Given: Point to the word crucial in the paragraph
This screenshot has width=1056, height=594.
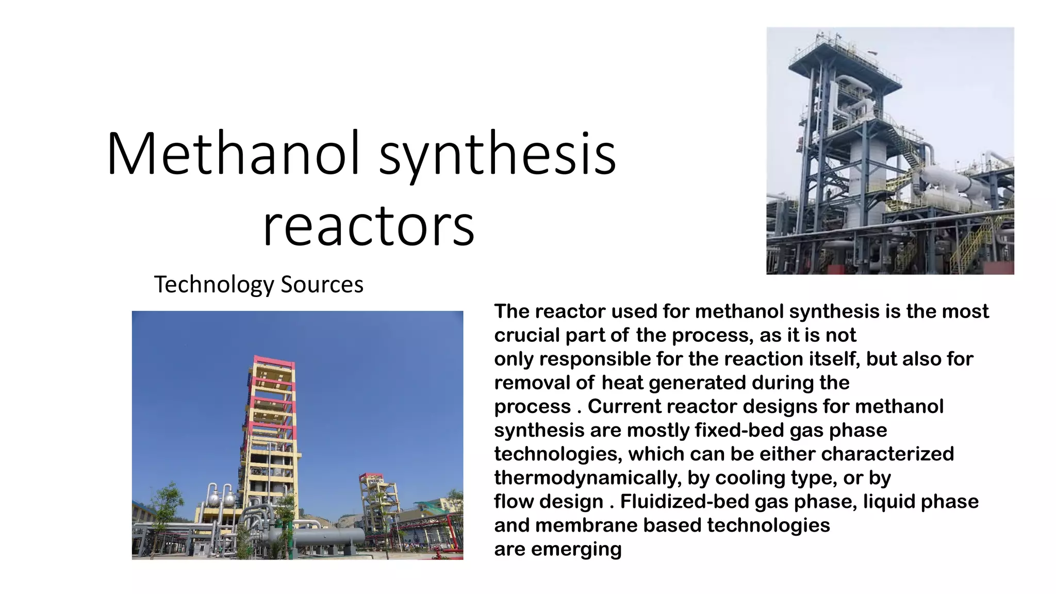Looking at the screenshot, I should click(526, 335).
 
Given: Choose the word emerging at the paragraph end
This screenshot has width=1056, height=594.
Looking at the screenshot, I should click(576, 549).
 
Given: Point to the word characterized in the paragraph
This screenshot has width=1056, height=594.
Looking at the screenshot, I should click(887, 454).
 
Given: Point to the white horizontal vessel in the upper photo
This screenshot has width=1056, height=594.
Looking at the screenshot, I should click(954, 186).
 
